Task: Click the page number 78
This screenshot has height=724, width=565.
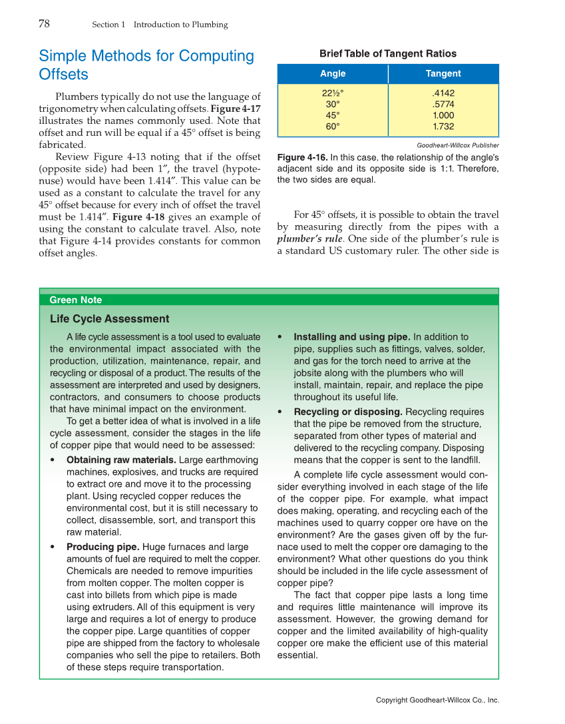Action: [x=44, y=24]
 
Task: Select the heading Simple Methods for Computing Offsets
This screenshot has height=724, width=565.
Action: [x=146, y=65]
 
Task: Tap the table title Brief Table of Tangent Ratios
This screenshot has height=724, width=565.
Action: [x=388, y=54]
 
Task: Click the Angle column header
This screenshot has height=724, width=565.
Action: [x=333, y=74]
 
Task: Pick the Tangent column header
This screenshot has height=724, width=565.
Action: [x=443, y=74]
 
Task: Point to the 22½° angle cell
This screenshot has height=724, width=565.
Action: [x=333, y=94]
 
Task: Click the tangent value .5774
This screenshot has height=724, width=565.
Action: [x=443, y=105]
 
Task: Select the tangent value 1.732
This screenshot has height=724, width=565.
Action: [x=443, y=126]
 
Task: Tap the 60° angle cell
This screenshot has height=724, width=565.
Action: [x=333, y=126]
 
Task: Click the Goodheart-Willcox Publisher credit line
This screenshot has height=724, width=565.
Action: [x=458, y=145]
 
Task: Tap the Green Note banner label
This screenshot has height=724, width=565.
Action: [x=76, y=300]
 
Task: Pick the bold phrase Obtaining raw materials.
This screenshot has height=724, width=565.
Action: [x=121, y=460]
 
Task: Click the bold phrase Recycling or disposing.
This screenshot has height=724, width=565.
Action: [x=348, y=412]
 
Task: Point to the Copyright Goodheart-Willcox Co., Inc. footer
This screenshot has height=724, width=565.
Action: [x=437, y=700]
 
